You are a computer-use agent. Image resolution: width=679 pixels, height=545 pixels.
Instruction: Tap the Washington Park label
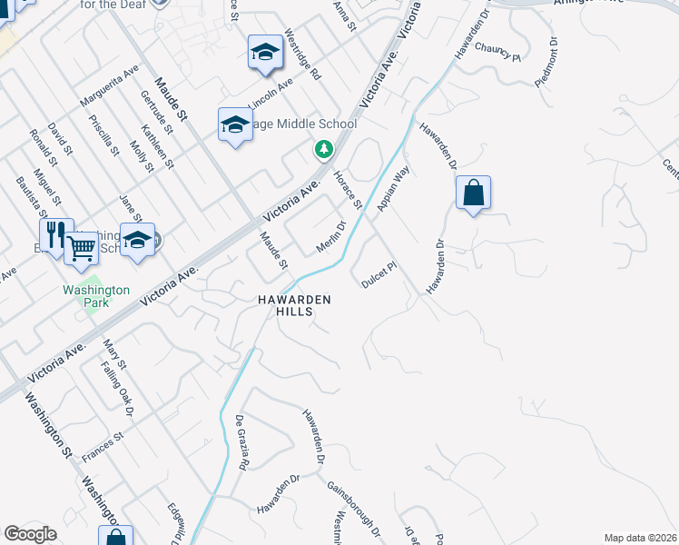click(x=85, y=296)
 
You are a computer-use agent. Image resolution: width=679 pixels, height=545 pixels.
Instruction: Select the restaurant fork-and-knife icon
click(x=55, y=235)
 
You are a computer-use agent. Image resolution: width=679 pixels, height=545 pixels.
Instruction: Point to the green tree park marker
click(x=322, y=148)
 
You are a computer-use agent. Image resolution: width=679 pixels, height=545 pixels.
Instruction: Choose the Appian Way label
click(x=395, y=192)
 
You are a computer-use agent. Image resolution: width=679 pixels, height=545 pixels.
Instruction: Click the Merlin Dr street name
click(x=331, y=237)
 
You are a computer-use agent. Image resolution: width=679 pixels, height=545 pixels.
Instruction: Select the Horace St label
click(x=348, y=190)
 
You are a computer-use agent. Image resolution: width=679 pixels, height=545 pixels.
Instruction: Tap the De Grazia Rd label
click(x=241, y=442)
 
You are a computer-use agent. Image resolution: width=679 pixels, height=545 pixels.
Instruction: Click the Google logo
click(x=31, y=534)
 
